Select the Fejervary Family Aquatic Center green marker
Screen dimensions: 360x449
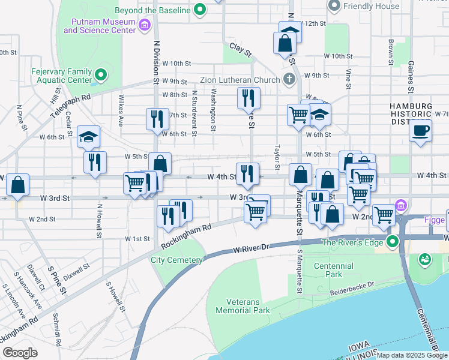point(100,75)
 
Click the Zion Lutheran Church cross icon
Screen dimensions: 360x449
point(289,79)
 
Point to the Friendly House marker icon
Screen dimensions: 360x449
point(334,5)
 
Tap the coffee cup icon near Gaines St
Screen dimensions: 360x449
point(421,130)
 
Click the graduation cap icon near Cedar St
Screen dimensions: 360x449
point(88,137)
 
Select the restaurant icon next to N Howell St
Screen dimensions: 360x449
point(95,161)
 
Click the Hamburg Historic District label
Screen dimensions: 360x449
point(411,114)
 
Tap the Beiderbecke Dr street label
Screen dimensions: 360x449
point(352,290)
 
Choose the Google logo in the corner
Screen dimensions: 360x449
point(20,353)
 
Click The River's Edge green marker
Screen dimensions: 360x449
point(393,242)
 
